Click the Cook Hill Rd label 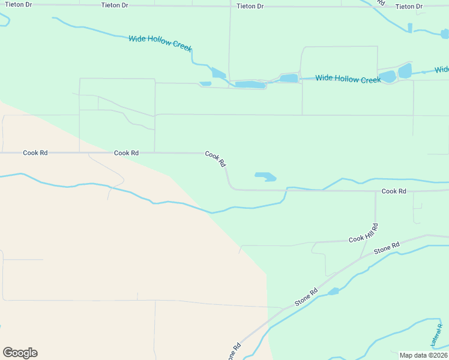364,233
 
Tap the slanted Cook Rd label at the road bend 215,158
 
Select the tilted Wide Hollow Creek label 160,43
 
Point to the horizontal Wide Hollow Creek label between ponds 348,79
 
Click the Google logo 20,353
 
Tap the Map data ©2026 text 423,355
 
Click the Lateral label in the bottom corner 437,335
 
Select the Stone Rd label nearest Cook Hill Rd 387,248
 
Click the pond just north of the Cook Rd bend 265,176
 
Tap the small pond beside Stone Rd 333,292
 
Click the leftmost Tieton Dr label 18,4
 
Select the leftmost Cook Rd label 35,153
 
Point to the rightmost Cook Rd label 394,191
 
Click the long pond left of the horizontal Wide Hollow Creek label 250,85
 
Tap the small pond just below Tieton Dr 410,28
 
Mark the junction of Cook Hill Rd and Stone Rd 361,258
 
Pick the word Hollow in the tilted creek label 161,43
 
